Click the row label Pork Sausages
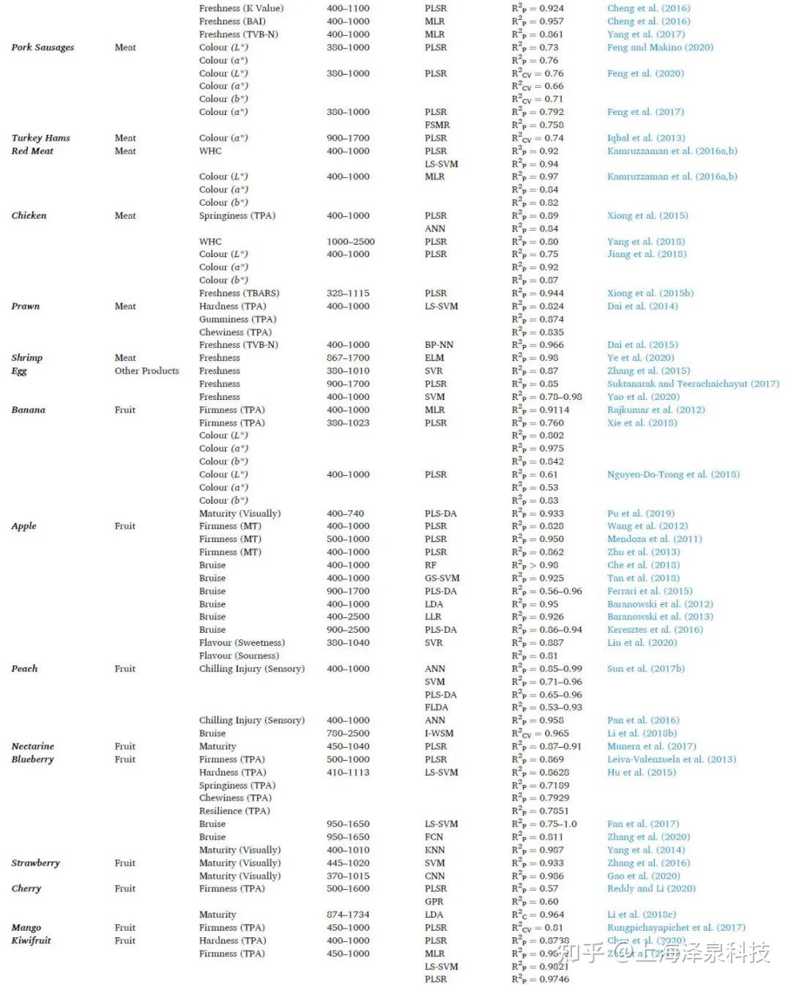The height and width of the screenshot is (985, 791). coord(42,48)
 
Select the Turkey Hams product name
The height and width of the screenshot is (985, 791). coord(41,138)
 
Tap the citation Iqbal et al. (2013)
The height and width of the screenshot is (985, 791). coord(646,138)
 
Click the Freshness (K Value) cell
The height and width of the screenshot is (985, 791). coord(241,8)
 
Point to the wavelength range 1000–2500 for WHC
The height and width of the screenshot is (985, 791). coord(350,242)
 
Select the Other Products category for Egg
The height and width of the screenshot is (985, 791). coord(146,371)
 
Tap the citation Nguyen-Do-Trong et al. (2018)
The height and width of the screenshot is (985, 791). coord(673,475)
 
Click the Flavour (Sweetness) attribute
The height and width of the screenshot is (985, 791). coord(242,643)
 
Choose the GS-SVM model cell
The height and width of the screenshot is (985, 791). coord(442,578)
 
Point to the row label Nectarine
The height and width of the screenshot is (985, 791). coord(33,746)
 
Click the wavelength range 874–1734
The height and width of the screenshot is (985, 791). coord(348,915)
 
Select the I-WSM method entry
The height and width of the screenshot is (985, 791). coord(439,733)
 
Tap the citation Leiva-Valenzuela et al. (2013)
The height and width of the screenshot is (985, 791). coord(672,759)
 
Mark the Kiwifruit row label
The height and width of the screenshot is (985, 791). coord(31,940)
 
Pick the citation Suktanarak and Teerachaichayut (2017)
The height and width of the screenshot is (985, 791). coord(693,384)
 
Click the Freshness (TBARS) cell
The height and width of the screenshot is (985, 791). coord(239,293)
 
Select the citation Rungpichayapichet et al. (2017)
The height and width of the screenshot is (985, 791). coord(676,928)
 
